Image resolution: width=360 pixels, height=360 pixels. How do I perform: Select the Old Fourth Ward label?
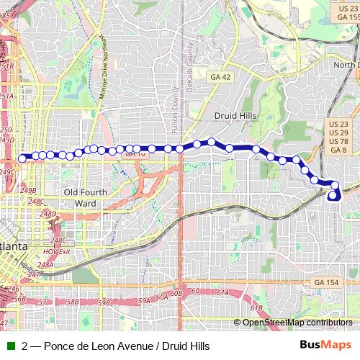[x=85, y=197]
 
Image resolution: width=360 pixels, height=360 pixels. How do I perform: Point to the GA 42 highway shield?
[x=217, y=76]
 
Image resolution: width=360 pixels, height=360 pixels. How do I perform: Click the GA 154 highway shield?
[x=327, y=282]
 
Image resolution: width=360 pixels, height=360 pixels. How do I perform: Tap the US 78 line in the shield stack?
[x=338, y=141]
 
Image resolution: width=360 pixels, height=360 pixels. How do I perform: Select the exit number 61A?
[x=222, y=293]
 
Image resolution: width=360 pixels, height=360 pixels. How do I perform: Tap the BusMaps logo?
[x=332, y=346]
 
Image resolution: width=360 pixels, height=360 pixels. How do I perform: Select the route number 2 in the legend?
[x=25, y=346]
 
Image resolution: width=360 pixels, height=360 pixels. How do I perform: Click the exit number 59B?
[x=104, y=302]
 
